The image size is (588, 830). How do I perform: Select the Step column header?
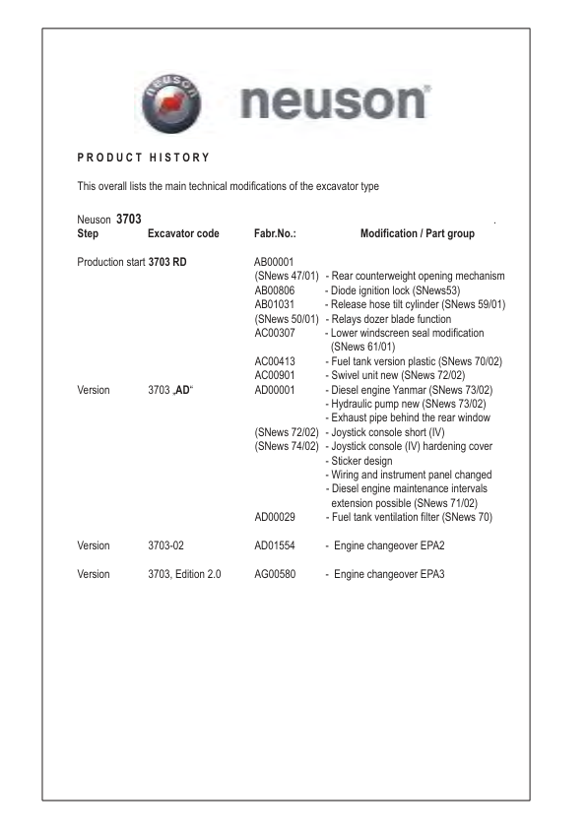88,234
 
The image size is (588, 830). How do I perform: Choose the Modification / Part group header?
418,234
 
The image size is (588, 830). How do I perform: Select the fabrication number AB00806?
277,290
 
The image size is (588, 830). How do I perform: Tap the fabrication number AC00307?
277,334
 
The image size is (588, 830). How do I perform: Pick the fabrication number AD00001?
277,391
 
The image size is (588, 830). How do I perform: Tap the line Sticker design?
365,461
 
